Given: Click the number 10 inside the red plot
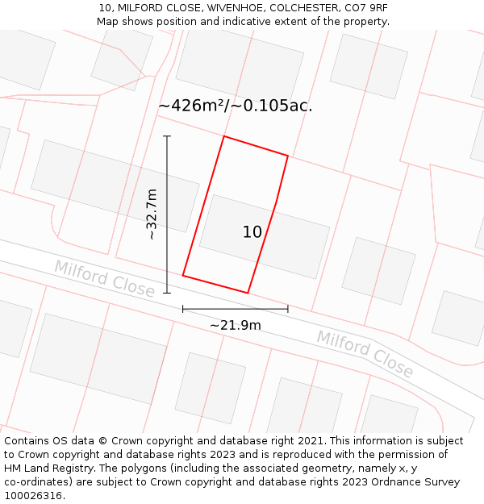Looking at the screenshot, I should (x=252, y=232).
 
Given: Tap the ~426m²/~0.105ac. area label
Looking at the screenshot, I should (x=235, y=106).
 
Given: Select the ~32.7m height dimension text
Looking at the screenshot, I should (x=151, y=215).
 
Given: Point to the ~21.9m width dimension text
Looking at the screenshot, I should (x=236, y=325).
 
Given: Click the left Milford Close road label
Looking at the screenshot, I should (x=104, y=278).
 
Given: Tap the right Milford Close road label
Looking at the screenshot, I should (x=365, y=353).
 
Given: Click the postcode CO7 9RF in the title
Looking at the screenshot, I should (x=363, y=8).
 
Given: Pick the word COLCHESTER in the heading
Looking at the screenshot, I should (x=297, y=8).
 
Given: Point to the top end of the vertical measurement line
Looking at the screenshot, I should (x=167, y=136).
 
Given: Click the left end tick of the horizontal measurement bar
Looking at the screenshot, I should (x=183, y=309).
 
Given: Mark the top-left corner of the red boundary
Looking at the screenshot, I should (x=223, y=136).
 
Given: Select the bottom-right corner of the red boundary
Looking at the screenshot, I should (x=248, y=293).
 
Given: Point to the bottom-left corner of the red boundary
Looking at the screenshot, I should (x=183, y=276).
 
